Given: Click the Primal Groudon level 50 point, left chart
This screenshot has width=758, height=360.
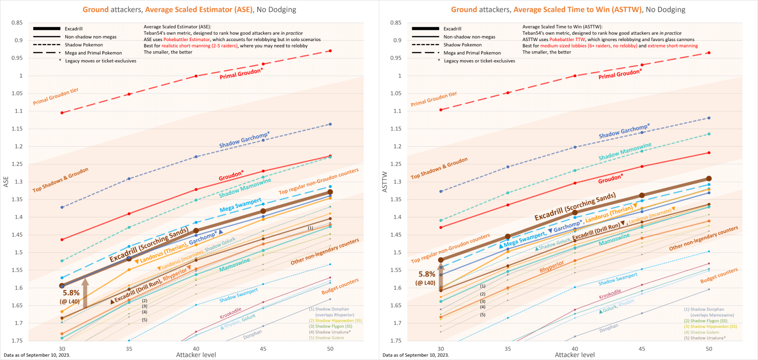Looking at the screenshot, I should (330, 51).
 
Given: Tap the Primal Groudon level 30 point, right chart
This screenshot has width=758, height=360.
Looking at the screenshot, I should (441, 110).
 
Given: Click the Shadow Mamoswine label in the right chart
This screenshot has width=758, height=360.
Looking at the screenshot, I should (625, 152).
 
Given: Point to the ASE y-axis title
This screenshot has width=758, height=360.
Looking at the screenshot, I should (6, 182).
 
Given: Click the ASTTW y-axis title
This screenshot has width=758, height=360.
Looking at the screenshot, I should (385, 182).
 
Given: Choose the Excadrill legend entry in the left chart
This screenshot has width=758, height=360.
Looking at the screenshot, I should (73, 29).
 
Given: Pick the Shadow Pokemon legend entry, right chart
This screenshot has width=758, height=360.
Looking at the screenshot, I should (462, 45).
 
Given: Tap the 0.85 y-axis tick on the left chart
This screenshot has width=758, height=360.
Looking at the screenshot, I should (17, 23).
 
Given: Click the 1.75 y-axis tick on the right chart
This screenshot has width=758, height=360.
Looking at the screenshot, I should (396, 340).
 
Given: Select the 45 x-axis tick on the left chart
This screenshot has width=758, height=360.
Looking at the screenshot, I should (263, 349).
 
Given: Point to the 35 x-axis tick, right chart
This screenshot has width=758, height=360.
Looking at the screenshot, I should (508, 349).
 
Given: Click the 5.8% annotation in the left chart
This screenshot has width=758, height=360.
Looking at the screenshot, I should (71, 293).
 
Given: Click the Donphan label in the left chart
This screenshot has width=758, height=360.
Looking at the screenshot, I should (252, 334).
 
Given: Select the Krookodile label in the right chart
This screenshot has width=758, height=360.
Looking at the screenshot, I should (610, 295).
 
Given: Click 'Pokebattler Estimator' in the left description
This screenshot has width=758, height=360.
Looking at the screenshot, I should (187, 40).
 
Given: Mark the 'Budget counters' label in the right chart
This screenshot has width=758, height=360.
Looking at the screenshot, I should (719, 276).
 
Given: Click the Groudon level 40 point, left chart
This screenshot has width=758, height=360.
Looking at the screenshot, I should (196, 189).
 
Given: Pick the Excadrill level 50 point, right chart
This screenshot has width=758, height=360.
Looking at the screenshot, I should (709, 179).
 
